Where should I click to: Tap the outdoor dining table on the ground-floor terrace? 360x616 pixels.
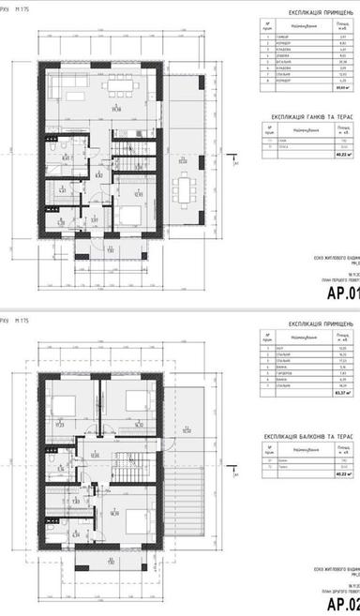180,193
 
